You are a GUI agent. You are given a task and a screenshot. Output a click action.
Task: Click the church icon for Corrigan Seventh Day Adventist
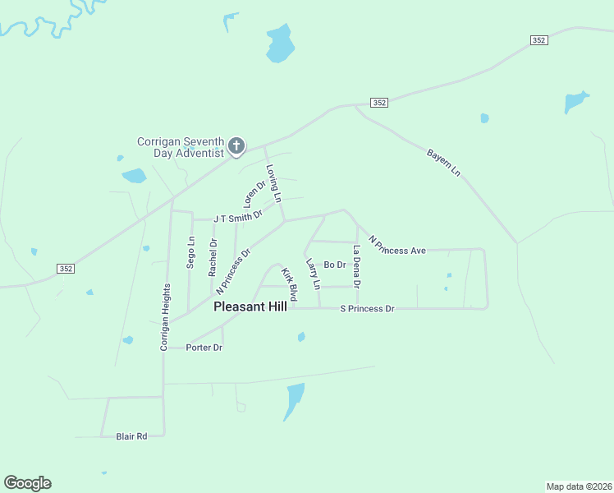[x=236, y=147]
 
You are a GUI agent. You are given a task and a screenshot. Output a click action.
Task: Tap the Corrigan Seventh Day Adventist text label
[x=181, y=147]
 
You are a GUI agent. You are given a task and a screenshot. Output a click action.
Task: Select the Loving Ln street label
[x=273, y=183]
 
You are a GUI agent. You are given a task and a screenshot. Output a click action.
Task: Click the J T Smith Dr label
[x=237, y=217]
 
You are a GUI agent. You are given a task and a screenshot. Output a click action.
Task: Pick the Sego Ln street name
[x=191, y=253]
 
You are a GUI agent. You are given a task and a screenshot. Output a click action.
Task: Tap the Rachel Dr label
[x=213, y=256]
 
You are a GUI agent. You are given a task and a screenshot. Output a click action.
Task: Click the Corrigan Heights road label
[x=165, y=318]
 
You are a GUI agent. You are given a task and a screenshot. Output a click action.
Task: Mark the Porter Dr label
[x=204, y=348]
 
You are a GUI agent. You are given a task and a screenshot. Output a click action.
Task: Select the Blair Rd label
[x=131, y=436]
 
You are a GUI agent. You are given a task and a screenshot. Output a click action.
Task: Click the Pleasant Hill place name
[x=250, y=306]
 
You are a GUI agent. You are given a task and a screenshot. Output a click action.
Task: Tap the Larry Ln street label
[x=313, y=274]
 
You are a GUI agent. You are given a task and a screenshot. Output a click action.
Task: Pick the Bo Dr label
[x=335, y=265]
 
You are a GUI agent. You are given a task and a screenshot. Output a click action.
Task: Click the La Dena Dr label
[x=357, y=266]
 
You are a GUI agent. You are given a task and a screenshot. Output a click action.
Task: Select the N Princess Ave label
[x=397, y=245]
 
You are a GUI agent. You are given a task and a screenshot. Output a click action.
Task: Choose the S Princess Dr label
[x=368, y=309]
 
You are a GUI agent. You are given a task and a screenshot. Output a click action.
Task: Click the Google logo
[x=28, y=483]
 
